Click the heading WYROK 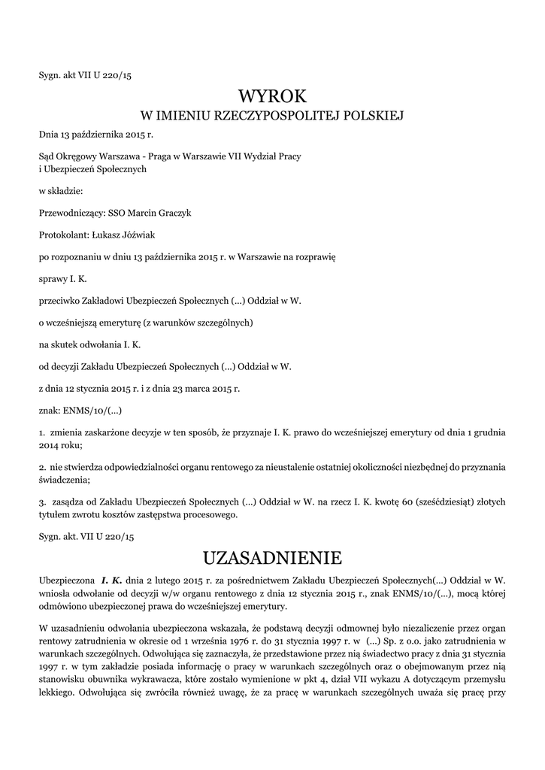pos(272,96)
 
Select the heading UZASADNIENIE pos(272,557)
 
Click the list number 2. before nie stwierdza pos(42,467)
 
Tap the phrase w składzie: pos(62,191)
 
